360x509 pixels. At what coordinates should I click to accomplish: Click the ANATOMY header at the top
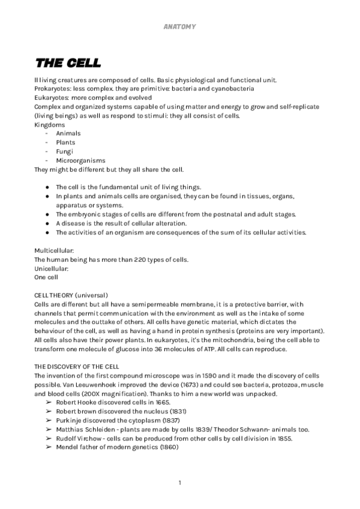(179, 26)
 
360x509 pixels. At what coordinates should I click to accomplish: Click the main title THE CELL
(68, 63)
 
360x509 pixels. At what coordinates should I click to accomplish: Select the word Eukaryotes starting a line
(50, 97)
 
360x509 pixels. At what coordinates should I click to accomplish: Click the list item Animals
(68, 133)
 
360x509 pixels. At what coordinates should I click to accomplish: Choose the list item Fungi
(64, 151)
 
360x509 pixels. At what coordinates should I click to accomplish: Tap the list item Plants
(65, 142)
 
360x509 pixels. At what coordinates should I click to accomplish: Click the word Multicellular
(54, 250)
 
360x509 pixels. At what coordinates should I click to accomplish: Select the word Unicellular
(52, 268)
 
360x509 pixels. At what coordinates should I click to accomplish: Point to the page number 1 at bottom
(180, 483)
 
